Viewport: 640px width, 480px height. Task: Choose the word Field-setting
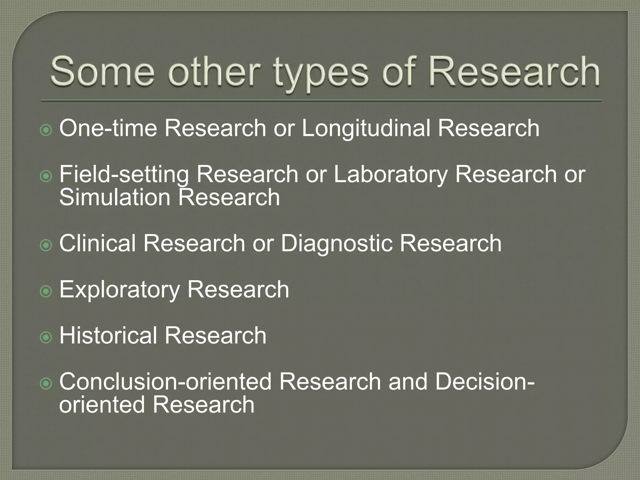coord(124,174)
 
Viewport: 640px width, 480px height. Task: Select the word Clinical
coord(97,243)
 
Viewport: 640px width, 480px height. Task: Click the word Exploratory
coord(119,290)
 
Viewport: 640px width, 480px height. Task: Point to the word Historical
coord(108,335)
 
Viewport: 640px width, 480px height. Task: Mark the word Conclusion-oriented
coord(165,381)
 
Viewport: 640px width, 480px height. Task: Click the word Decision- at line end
coord(485,381)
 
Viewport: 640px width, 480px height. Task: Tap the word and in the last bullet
coord(408,381)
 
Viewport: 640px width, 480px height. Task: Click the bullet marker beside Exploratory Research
coord(46,291)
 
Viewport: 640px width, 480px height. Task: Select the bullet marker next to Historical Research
coord(46,337)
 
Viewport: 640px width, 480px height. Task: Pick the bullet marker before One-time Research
coord(46,130)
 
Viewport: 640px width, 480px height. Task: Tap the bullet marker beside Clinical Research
coord(46,245)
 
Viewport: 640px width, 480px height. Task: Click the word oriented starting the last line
coord(102,404)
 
